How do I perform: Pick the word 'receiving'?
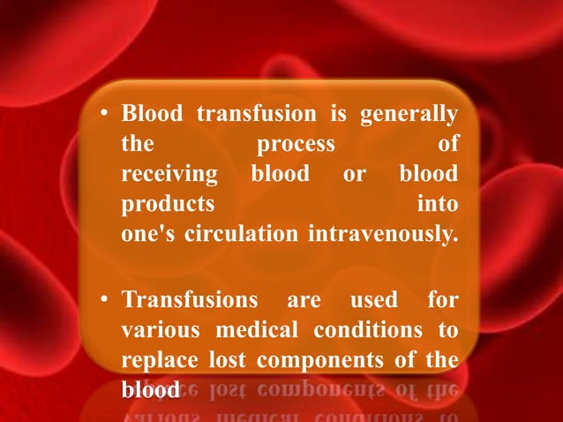click(x=169, y=175)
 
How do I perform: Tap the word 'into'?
click(x=438, y=205)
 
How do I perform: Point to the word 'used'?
click(x=374, y=300)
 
